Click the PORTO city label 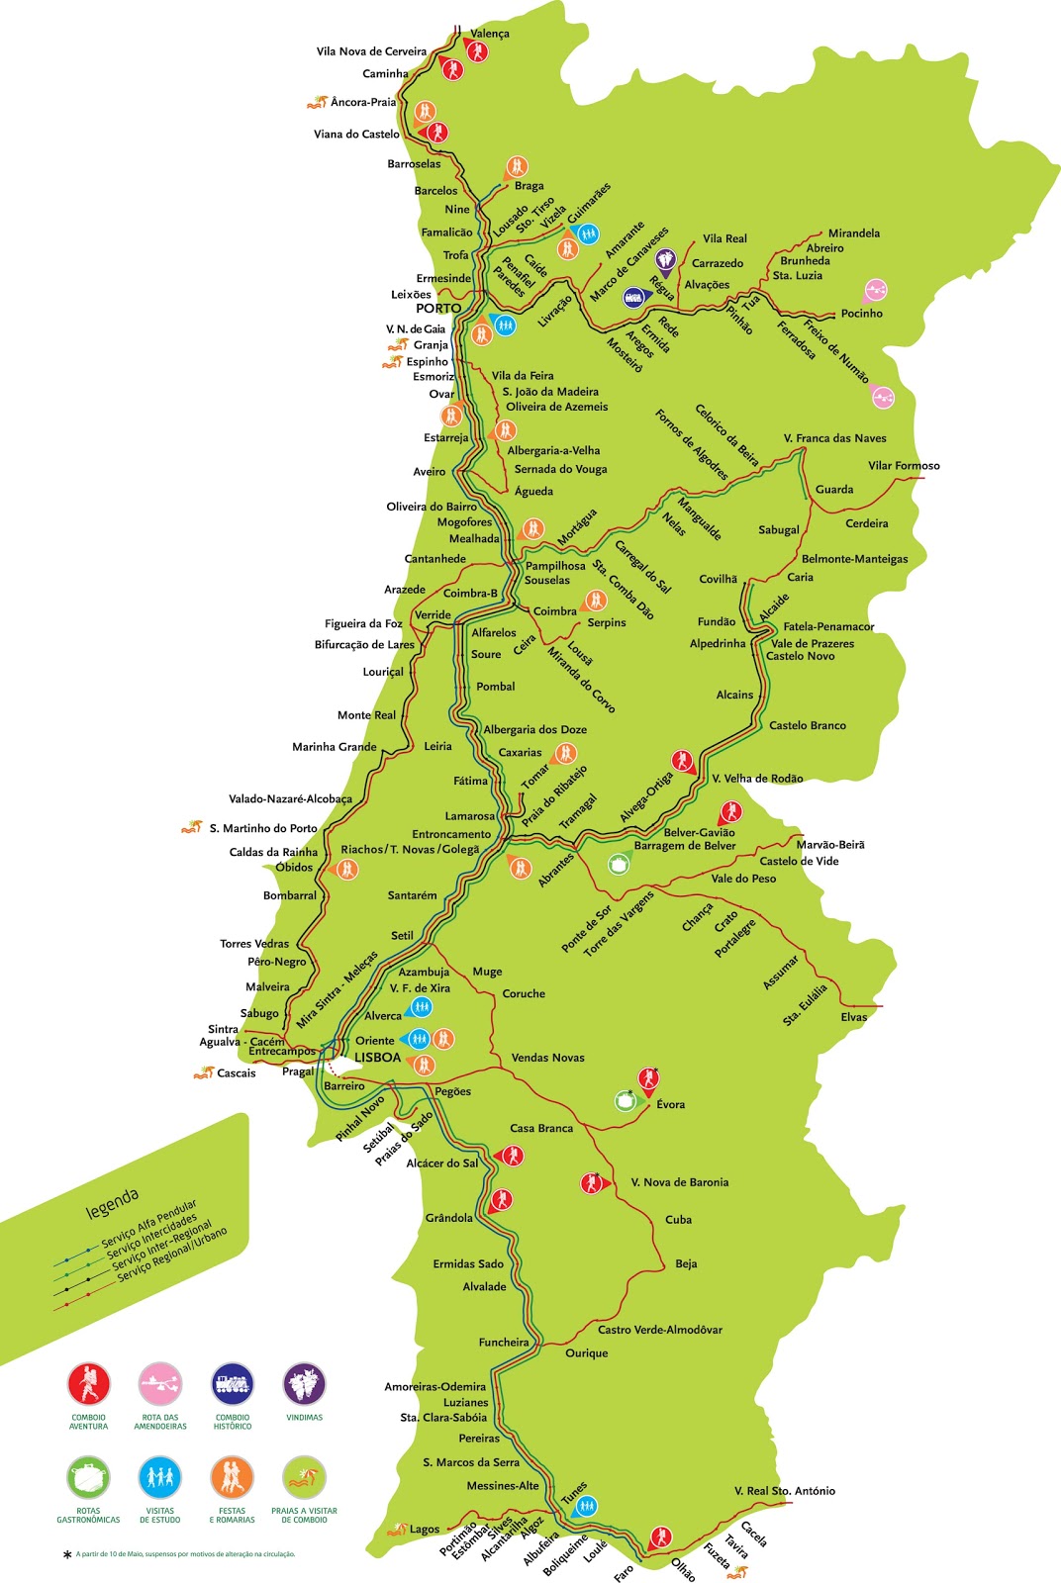click(438, 309)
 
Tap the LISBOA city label click(377, 1058)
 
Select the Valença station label click(490, 34)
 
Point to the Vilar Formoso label click(904, 466)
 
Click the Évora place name click(670, 1105)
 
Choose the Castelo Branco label click(808, 726)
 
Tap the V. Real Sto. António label click(784, 1491)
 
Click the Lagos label click(425, 1530)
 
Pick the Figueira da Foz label click(363, 624)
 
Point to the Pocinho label click(861, 314)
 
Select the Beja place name click(686, 1264)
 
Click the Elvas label click(853, 1018)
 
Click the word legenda click(112, 1204)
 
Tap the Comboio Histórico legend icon click(233, 1385)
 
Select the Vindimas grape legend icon click(304, 1385)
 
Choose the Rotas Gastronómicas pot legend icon click(88, 1478)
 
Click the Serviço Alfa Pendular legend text click(148, 1227)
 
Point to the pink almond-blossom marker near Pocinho click(875, 290)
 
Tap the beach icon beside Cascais click(204, 1072)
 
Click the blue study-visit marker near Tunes click(586, 1507)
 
